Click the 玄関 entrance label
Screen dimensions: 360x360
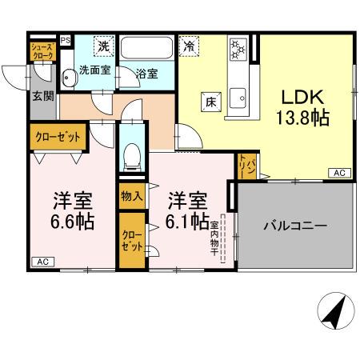point(42,97)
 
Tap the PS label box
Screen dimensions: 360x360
point(65,40)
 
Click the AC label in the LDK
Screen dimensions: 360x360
point(338,173)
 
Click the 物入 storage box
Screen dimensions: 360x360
point(131,195)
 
